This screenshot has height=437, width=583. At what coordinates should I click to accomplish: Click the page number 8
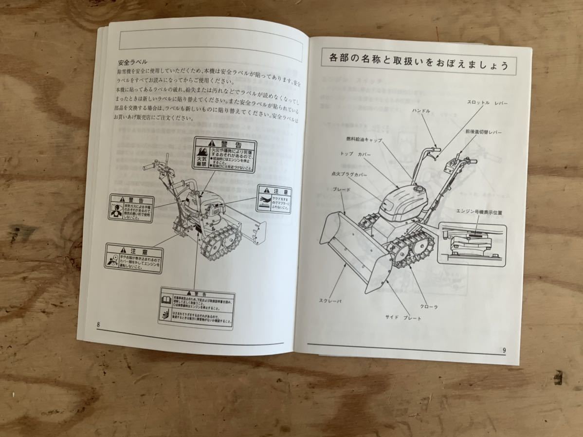(x=99, y=325)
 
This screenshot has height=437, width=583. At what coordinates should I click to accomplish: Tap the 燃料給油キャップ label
(x=364, y=140)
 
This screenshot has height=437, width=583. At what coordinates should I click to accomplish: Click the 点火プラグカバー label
(x=349, y=174)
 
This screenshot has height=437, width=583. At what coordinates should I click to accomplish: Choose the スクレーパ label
(x=330, y=301)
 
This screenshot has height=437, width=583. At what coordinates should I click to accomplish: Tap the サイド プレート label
(x=403, y=318)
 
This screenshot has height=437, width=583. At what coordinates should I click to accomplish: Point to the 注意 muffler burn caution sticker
(x=273, y=199)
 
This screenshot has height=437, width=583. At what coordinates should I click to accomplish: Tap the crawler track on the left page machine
(x=221, y=241)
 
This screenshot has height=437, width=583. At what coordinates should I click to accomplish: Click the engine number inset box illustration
(x=471, y=243)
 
